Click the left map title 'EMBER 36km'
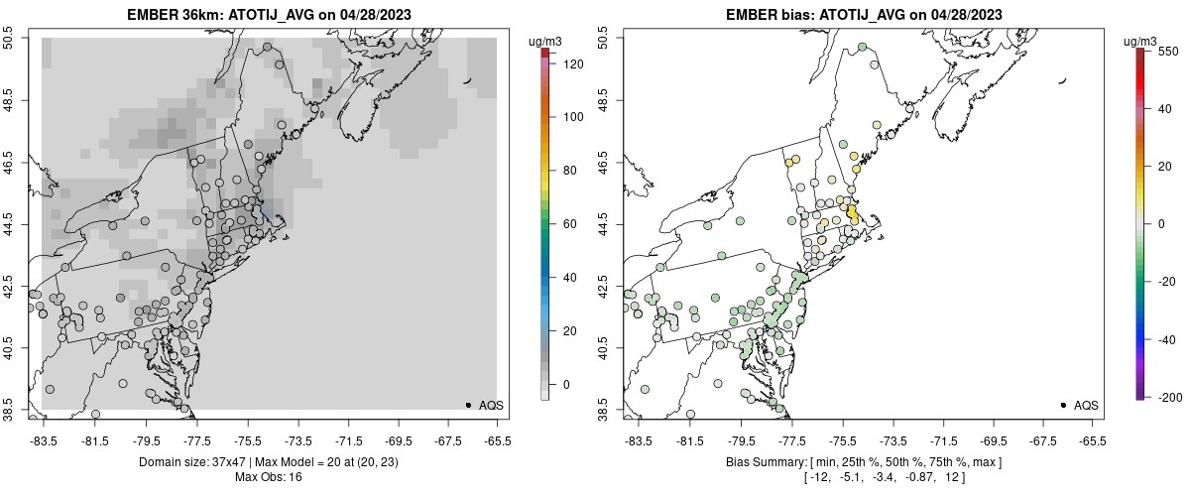pos(170,15)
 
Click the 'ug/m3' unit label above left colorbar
pos(546,41)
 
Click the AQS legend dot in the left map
pos(468,405)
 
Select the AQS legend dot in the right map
pos(1063,405)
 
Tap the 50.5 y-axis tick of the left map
pos(10,39)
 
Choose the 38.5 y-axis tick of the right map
pos(605,410)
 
